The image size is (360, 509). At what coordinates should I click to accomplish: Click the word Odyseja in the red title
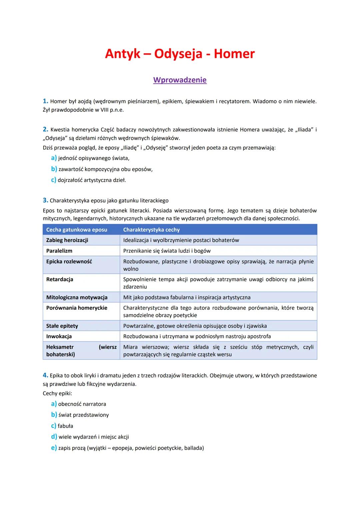pos(178,54)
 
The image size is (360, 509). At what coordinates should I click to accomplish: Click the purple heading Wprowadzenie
pos(180,80)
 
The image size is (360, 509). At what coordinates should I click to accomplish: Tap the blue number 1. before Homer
pos(45,101)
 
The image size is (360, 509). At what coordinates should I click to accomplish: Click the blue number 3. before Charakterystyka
pos(45,200)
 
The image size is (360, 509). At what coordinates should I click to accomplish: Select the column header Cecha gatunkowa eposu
pos(77,230)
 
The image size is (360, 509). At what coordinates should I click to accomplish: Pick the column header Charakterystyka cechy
pos(151,230)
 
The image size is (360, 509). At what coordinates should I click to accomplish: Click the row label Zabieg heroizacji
pos(67,240)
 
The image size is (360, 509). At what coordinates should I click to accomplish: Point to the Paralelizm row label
pos(59,251)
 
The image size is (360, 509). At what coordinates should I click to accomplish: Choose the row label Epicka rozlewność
pos(69,262)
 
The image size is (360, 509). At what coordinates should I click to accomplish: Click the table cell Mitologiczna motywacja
pos(77,297)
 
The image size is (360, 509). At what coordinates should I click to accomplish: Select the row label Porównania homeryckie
pos(77,308)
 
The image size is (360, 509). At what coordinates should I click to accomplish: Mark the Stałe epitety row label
pos(62,326)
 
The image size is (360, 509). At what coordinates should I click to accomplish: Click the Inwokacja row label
pos(59,336)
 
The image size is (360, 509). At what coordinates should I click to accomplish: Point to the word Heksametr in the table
pos(60,347)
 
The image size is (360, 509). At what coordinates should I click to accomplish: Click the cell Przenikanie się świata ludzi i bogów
pos(167,251)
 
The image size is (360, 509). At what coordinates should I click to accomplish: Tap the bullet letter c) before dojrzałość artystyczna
pos(53,180)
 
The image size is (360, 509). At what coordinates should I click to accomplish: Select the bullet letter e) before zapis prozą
pos(54,448)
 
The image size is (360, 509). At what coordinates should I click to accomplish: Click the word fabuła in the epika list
pos(65,426)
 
